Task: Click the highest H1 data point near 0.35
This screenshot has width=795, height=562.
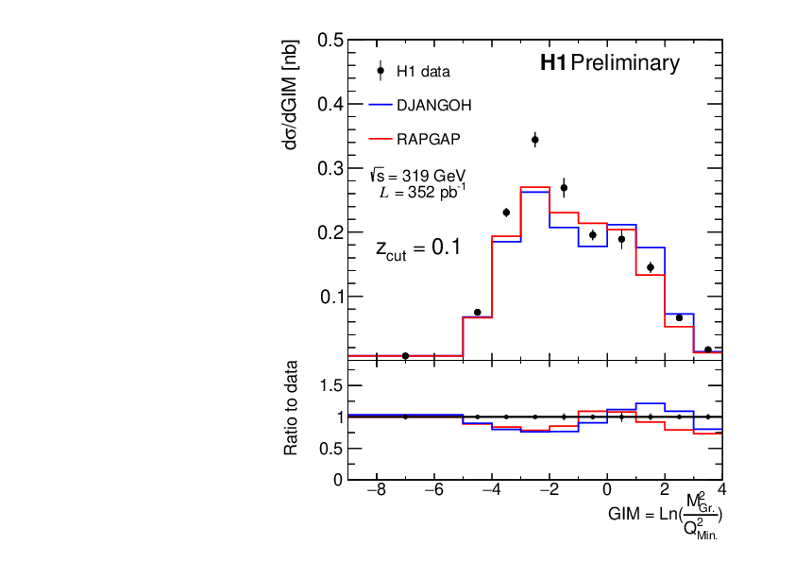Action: click(535, 140)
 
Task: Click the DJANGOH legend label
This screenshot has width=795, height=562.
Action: click(433, 105)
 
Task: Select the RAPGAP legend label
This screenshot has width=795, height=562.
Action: click(430, 139)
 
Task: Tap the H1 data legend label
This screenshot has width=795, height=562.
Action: click(422, 71)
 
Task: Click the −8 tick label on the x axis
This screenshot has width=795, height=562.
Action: click(376, 491)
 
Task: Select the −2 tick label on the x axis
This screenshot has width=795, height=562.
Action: click(549, 491)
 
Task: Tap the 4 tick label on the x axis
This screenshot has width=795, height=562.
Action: click(721, 491)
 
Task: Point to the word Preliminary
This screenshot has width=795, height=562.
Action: click(625, 63)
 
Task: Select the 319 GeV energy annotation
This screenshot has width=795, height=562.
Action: click(418, 175)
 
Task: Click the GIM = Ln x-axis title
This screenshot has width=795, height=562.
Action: click(666, 515)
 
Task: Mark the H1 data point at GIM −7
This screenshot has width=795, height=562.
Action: click(405, 355)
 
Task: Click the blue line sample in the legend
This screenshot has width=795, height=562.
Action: click(380, 105)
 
